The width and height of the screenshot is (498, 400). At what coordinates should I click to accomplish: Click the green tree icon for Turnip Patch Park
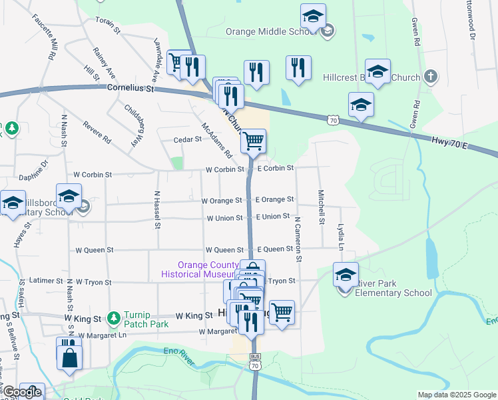(x=115, y=315)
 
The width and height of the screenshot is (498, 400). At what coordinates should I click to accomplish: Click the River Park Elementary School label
(x=393, y=288)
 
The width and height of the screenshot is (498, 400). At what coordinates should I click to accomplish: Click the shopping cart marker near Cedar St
(x=253, y=140)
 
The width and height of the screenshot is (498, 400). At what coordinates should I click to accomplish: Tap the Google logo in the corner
(x=21, y=393)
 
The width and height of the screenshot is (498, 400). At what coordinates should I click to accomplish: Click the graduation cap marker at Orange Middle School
(x=313, y=16)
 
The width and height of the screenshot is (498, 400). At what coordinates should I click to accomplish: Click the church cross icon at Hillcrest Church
(x=431, y=77)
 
